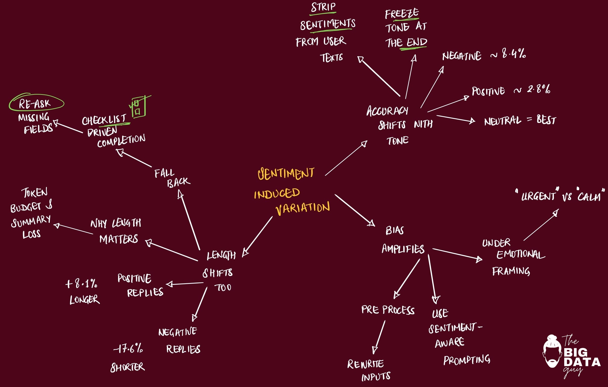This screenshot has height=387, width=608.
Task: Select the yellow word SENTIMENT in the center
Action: [286, 174]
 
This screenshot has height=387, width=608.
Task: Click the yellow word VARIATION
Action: [303, 208]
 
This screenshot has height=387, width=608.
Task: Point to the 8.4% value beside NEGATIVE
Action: [514, 54]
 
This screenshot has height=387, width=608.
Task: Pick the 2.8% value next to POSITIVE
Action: [538, 89]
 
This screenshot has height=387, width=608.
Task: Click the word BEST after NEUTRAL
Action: [546, 120]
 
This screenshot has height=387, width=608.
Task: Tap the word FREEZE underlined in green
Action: [402, 14]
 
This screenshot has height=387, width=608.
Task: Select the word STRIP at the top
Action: [323, 7]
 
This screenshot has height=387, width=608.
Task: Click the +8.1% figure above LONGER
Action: [81, 284]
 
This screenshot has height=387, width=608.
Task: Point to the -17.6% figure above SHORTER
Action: [128, 349]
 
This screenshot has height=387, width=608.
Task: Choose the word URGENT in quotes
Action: [538, 196]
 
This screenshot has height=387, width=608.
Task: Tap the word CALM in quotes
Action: [589, 197]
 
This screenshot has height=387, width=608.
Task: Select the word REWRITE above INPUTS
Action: [365, 364]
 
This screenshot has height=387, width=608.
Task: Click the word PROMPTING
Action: [467, 360]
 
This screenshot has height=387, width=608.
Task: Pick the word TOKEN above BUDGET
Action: [35, 193]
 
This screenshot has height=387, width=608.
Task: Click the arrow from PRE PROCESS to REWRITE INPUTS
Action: [380, 337]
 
